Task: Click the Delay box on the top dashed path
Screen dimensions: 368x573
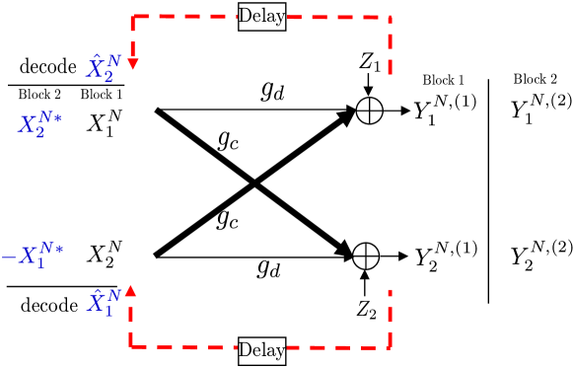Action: click(x=261, y=17)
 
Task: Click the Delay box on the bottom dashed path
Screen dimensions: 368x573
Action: click(x=261, y=350)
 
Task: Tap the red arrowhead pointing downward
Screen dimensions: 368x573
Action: click(x=133, y=64)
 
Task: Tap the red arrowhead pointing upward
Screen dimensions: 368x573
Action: click(x=130, y=290)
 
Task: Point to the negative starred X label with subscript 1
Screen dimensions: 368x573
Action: click(x=33, y=257)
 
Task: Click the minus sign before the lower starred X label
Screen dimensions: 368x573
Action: click(x=8, y=258)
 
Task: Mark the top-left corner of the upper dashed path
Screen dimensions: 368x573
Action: click(x=133, y=17)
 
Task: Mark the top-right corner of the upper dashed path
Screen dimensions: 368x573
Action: click(x=391, y=17)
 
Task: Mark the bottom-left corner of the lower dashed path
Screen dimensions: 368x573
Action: click(x=130, y=346)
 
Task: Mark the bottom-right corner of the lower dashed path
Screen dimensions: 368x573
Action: click(x=391, y=346)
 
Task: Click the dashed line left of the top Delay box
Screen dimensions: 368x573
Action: click(x=187, y=17)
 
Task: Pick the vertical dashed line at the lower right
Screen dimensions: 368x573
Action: click(x=391, y=318)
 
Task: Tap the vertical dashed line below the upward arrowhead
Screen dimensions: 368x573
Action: click(x=130, y=322)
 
